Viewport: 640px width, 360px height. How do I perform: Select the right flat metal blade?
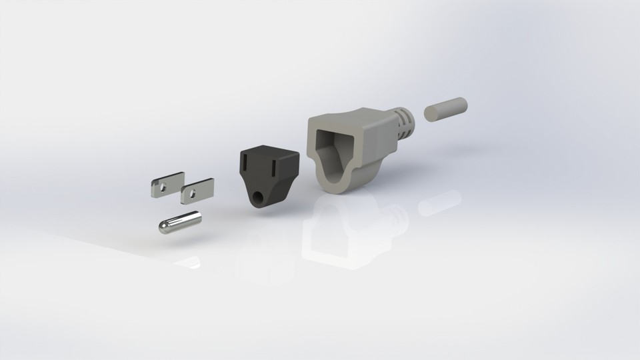point(197,191)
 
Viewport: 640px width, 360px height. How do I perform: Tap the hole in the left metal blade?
point(162,187)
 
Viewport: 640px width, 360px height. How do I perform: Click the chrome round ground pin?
point(180,222)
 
